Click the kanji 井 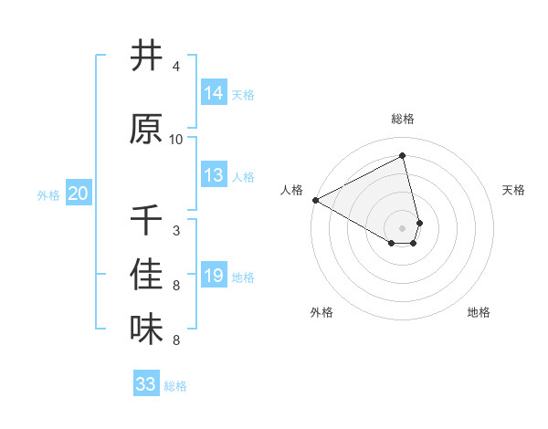[146, 56]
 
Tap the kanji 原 [146, 129]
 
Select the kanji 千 [146, 220]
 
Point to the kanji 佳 [146, 275]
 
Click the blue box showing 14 [214, 92]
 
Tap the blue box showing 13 [214, 175]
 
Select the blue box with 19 [214, 276]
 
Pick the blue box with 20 [79, 194]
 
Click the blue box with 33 [146, 384]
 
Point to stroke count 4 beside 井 [176, 68]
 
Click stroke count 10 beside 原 [176, 140]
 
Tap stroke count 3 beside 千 [176, 231]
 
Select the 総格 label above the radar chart [403, 119]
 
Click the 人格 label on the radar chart [292, 190]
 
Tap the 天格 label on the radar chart [513, 190]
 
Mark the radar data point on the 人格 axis [315, 200]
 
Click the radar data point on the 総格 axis [403, 156]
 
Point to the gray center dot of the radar [403, 227]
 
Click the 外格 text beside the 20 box [47, 194]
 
